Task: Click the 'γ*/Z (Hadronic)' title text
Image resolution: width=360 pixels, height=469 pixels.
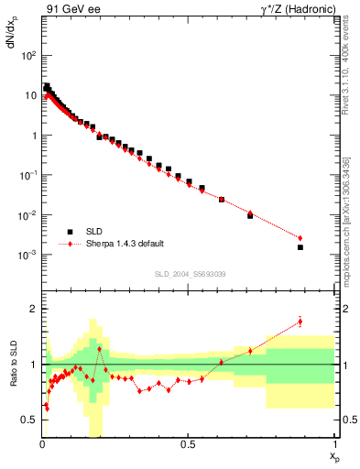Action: (x=294, y=10)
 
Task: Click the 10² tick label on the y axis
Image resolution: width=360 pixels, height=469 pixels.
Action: (x=28, y=55)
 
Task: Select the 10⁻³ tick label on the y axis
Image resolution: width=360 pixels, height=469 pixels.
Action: (x=28, y=255)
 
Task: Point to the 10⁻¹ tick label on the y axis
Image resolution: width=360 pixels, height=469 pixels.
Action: (x=28, y=175)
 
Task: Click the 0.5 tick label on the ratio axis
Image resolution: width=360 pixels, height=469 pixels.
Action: (x=30, y=420)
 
